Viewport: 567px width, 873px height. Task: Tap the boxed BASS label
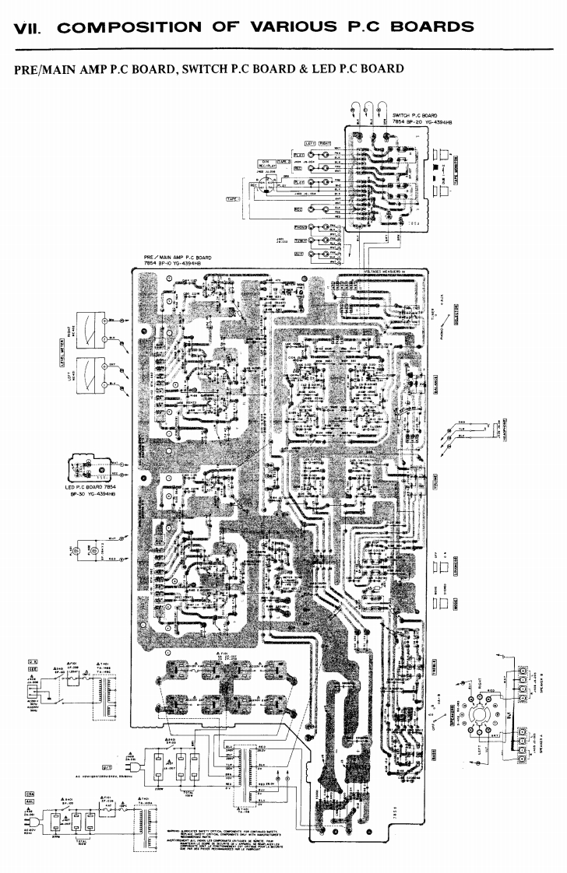(434, 756)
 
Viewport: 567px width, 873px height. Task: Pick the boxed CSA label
(30, 794)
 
